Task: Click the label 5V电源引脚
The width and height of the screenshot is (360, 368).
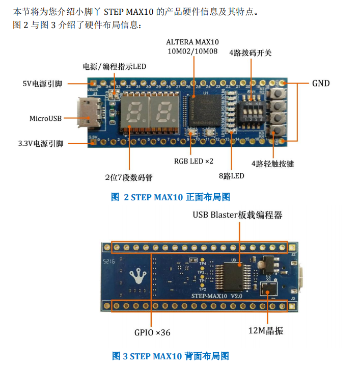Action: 42,84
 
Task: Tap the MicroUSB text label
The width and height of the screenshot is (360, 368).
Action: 45,118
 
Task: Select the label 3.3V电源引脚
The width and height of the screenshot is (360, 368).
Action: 41,144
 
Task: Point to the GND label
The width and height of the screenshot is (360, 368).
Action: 321,83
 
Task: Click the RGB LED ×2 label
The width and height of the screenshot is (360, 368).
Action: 194,161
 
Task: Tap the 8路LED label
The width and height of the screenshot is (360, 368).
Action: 232,176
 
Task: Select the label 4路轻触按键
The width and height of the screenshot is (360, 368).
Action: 273,164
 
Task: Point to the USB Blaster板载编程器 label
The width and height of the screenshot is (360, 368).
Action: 237,215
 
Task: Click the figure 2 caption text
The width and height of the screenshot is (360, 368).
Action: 171,197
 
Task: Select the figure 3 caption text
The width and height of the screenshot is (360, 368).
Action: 171,356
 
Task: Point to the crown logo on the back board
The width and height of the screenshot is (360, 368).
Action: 136,276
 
